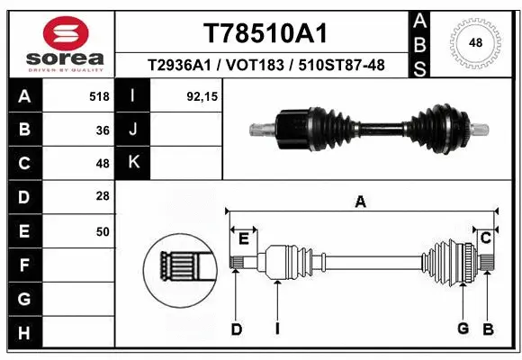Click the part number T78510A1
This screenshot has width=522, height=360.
265,33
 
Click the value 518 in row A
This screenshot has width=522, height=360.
100,96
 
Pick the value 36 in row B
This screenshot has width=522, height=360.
103,130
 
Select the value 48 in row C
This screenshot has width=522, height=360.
103,164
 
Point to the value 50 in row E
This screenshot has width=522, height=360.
103,231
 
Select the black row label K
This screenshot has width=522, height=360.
134,164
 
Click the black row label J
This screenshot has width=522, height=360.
134,130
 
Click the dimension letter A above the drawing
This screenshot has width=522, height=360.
360,202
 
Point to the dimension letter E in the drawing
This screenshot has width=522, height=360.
243,238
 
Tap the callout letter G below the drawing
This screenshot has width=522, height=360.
463,328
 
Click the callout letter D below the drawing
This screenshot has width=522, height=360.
236,329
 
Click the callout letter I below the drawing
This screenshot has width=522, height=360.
277,329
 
